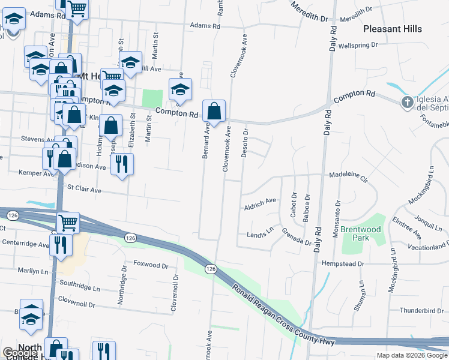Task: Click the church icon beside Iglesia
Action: [407, 102]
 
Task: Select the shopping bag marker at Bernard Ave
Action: [214, 111]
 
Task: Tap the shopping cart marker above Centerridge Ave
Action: [68, 223]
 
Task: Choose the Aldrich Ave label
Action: [260, 201]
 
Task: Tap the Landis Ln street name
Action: [261, 234]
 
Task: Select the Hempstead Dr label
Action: [343, 263]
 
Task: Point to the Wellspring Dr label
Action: [358, 45]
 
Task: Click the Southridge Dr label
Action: [83, 283]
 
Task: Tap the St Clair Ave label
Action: [84, 190]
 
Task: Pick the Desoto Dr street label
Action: [244, 143]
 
